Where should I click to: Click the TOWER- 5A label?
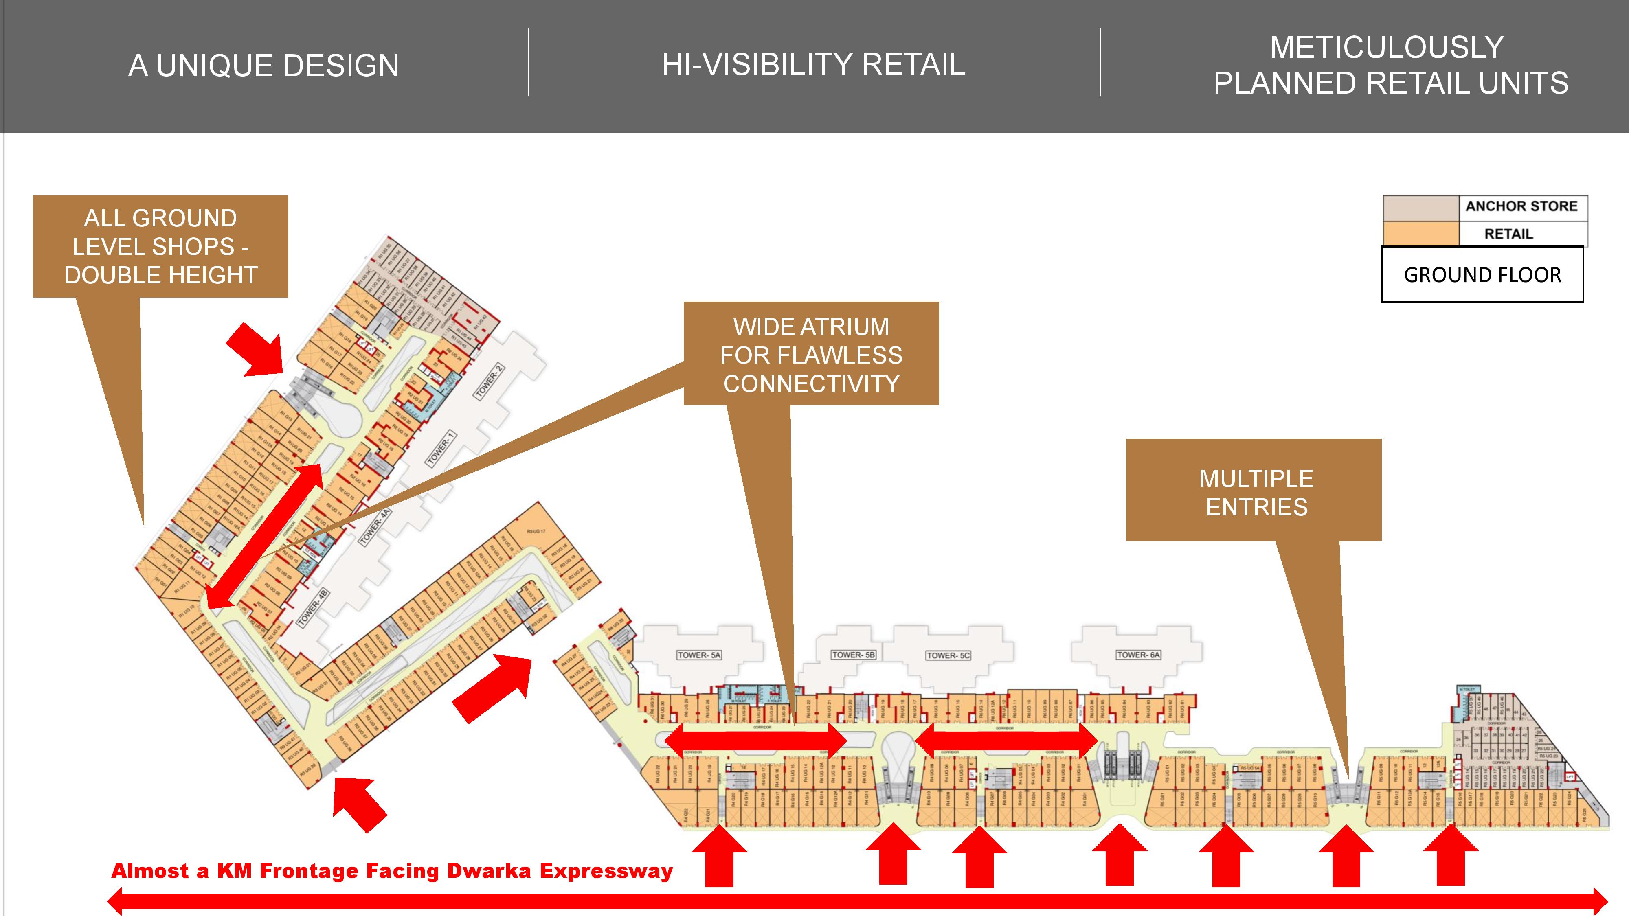pyautogui.click(x=699, y=655)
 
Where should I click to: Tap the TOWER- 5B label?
pyautogui.click(x=853, y=655)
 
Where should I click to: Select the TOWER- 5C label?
pyautogui.click(x=948, y=655)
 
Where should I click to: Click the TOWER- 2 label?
pyautogui.click(x=489, y=381)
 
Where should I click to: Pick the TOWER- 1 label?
pyautogui.click(x=441, y=449)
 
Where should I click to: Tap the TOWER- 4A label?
pyautogui.click(x=374, y=526)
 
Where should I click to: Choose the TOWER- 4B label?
pyautogui.click(x=314, y=607)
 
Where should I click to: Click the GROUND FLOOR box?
pyautogui.click(x=1482, y=275)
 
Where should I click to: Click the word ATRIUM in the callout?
pyautogui.click(x=843, y=327)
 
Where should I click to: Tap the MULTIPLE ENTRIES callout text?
pyautogui.click(x=1256, y=493)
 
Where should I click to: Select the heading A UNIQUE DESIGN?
pyautogui.click(x=264, y=66)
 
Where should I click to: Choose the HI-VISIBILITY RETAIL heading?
pyautogui.click(x=813, y=64)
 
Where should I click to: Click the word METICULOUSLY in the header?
pyautogui.click(x=1386, y=47)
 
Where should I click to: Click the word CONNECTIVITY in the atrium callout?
pyautogui.click(x=811, y=384)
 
